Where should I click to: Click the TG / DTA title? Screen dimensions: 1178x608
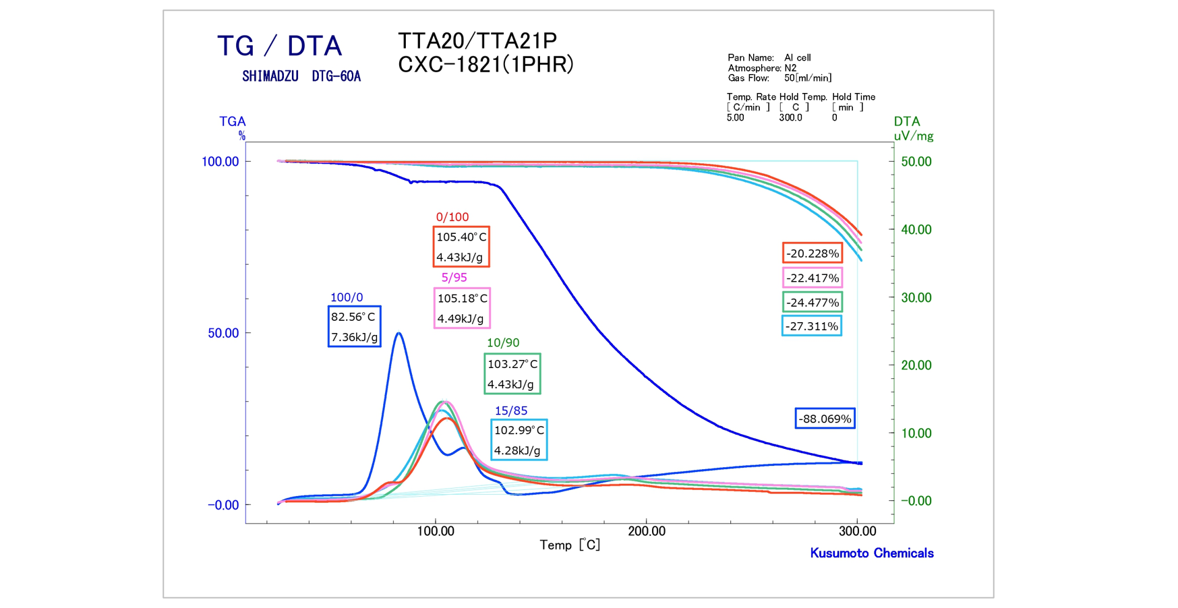279,46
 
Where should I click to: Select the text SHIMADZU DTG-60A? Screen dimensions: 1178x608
301,77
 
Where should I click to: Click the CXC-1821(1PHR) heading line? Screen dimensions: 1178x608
485,65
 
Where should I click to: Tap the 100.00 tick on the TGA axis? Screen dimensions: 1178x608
220,162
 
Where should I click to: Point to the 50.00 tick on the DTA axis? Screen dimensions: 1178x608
916,162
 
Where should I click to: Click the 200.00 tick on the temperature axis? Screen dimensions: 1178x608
647,531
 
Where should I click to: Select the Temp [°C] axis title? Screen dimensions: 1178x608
570,545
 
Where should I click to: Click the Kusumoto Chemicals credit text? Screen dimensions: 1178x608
872,553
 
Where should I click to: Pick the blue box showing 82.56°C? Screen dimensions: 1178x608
355,327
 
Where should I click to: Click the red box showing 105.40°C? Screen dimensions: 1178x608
461,247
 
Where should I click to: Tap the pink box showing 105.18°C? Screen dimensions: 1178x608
462,308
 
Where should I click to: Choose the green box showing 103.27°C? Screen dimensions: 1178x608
512,373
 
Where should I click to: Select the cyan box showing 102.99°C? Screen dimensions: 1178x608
519,440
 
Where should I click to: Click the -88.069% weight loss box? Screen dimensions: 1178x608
825,419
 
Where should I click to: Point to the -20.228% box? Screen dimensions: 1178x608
813,253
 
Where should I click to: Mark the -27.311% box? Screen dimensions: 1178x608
812,326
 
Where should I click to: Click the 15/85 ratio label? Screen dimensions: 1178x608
511,411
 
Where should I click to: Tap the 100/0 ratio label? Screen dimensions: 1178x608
347,297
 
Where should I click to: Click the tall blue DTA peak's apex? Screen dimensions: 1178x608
399,333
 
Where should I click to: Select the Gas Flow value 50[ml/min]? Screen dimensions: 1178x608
808,78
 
